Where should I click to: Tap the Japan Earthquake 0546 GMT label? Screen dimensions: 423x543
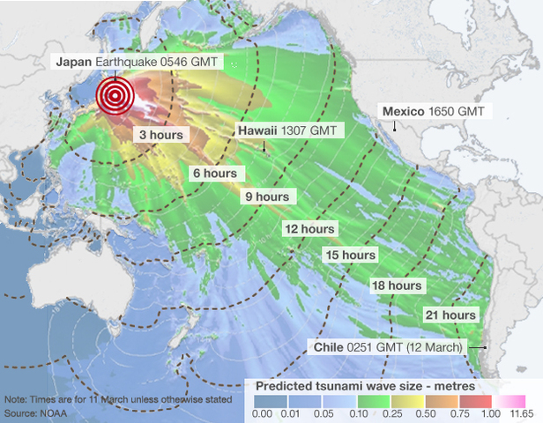coord(139,62)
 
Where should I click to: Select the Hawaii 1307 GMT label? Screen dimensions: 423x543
coord(287,130)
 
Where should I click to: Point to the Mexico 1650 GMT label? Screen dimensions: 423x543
coord(432,112)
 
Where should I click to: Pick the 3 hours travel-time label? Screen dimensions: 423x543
coord(160,136)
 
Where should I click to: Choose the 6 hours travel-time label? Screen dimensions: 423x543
coord(215,174)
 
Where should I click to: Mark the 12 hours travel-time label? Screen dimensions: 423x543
coord(309,229)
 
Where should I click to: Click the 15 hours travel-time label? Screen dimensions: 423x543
coord(351,256)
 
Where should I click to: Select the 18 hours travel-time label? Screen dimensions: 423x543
coord(396,286)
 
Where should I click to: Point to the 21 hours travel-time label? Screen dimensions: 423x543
coord(450,315)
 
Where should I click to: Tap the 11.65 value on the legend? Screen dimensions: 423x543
coord(523,412)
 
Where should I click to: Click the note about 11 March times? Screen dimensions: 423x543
coord(118,399)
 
